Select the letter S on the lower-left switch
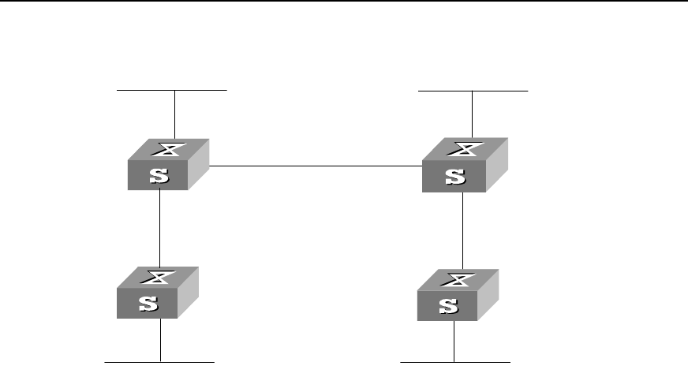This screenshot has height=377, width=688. (148, 304)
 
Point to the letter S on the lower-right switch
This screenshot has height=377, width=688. (447, 306)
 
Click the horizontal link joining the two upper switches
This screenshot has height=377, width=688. (316, 166)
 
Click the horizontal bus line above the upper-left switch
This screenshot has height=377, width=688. (172, 91)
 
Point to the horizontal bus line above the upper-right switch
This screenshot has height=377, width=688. (473, 91)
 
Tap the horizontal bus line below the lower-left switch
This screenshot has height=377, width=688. (160, 361)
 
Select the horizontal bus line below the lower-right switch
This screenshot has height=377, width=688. (456, 361)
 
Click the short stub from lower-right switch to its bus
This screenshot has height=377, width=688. (454, 341)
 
